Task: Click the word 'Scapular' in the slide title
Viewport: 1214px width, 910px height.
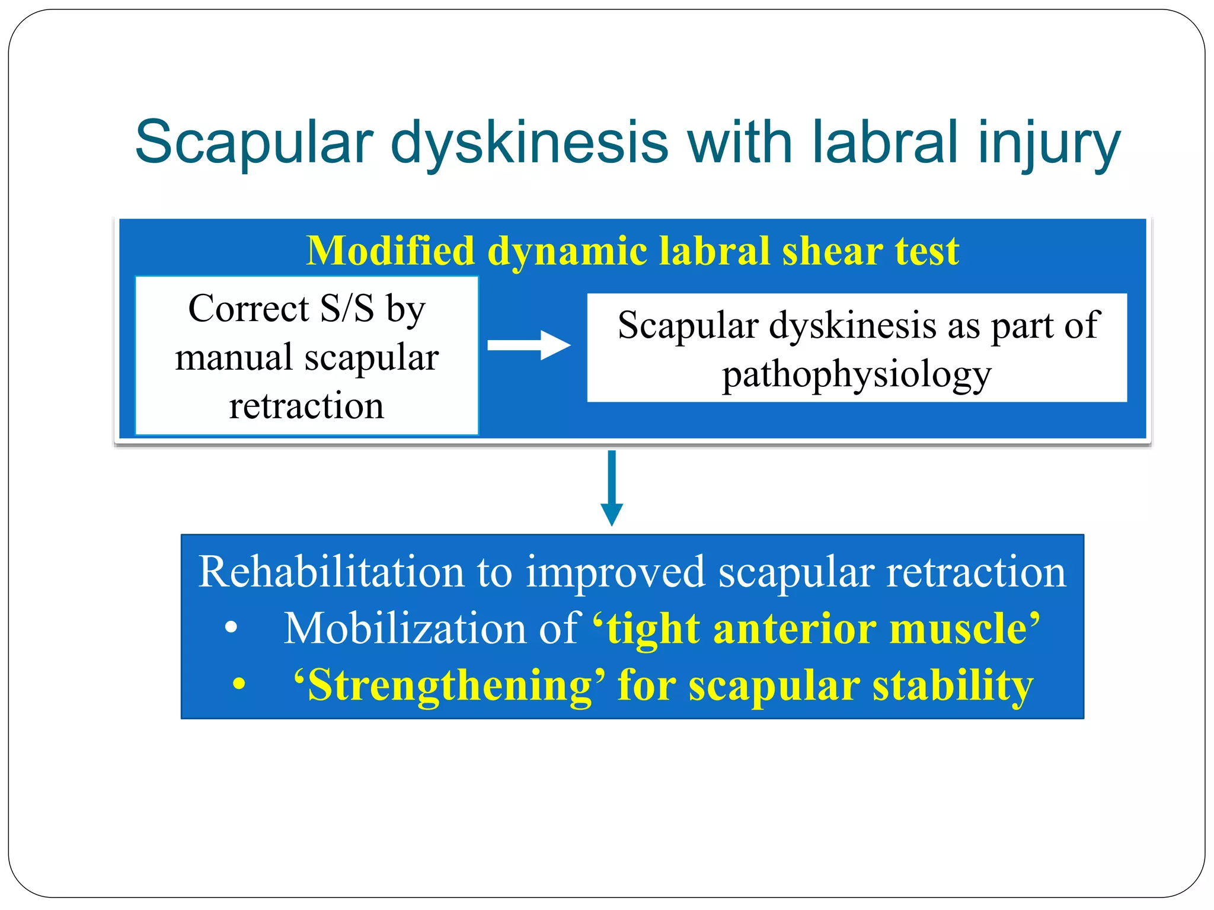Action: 254,143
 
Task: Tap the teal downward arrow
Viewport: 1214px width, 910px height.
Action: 612,488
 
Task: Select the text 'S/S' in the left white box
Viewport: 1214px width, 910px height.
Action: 347,309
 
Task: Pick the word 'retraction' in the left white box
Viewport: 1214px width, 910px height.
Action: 306,406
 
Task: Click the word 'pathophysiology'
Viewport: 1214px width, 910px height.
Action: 857,376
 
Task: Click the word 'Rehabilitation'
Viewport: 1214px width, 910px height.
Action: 331,572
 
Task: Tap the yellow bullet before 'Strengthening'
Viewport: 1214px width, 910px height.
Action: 239,685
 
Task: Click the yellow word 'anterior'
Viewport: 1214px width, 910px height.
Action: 795,629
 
